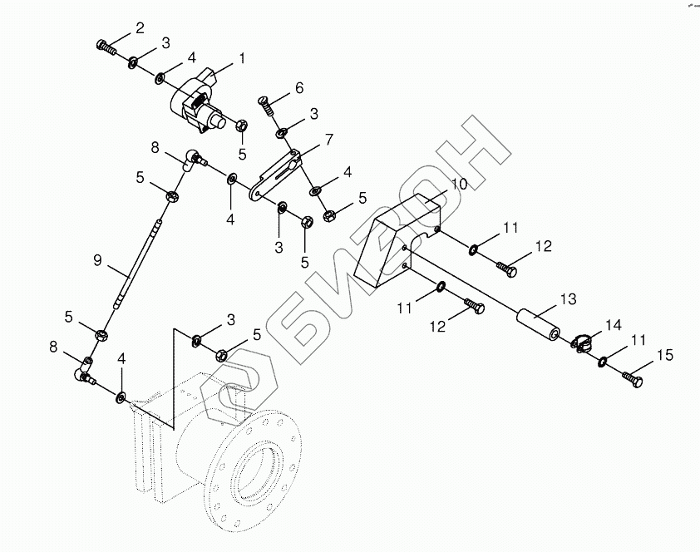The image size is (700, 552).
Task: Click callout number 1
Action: (x=242, y=59)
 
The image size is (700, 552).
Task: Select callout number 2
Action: (x=139, y=28)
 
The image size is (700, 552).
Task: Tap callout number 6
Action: (x=298, y=88)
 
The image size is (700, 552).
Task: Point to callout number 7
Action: (x=328, y=140)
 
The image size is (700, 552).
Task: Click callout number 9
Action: (x=97, y=260)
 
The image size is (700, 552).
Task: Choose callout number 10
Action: (x=460, y=184)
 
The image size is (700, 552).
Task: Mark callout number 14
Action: (x=613, y=324)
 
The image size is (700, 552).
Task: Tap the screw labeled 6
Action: (x=266, y=104)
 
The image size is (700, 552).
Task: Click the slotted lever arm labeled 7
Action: (x=276, y=173)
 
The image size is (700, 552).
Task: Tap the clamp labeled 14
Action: (x=583, y=342)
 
